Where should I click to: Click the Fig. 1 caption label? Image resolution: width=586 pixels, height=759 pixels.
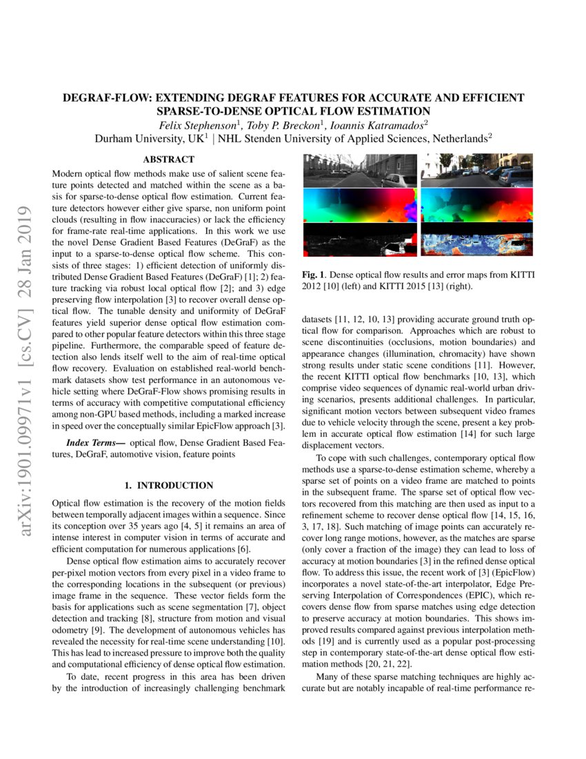[x=314, y=275]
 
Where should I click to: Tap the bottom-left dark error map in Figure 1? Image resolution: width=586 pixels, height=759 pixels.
[x=360, y=239]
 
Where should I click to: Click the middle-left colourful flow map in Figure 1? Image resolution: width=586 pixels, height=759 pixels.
[x=360, y=205]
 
